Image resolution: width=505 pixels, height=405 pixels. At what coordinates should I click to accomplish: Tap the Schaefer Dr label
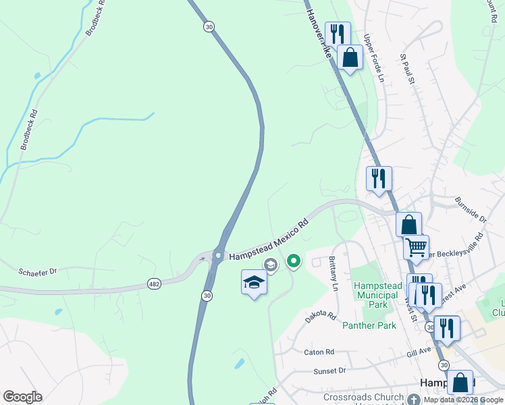tap(38, 271)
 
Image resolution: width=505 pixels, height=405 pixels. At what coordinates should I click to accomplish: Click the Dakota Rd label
tap(321, 315)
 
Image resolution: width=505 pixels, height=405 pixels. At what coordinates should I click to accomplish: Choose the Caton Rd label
tap(319, 352)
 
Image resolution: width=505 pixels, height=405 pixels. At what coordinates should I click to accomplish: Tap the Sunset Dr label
tap(329, 371)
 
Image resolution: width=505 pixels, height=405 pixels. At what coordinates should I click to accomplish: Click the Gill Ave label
tap(419, 351)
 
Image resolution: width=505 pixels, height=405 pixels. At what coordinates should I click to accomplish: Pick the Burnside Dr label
tap(470, 209)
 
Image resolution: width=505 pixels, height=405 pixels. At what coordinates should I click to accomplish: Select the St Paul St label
tap(407, 70)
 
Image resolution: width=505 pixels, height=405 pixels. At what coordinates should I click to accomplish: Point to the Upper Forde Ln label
tap(373, 58)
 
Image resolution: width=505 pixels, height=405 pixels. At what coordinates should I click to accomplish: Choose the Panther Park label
tap(369, 326)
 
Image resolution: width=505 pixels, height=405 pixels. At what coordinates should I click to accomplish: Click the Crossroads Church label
tap(363, 397)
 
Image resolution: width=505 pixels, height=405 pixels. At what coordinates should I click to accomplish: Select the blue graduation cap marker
tap(254, 283)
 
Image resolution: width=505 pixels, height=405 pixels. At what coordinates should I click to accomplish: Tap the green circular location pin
tap(294, 260)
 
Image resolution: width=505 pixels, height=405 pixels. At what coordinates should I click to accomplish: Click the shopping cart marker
tap(417, 246)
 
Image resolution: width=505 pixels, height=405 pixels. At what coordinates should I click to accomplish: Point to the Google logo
tap(22, 397)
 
